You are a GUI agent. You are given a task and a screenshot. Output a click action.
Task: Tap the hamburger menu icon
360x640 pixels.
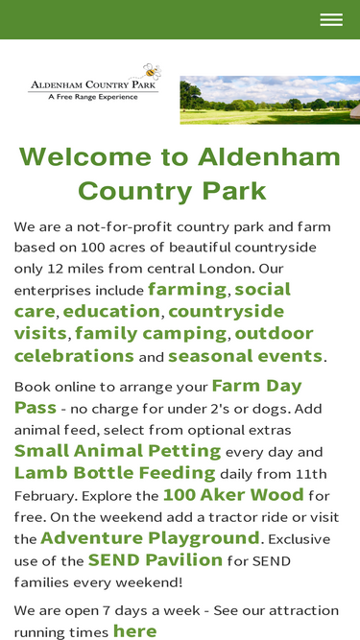(x=331, y=19)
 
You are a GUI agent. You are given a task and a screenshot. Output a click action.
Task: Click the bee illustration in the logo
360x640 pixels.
(x=153, y=72)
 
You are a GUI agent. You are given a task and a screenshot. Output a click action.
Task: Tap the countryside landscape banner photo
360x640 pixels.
(x=270, y=100)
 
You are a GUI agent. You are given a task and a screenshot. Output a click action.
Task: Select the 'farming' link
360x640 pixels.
(x=187, y=289)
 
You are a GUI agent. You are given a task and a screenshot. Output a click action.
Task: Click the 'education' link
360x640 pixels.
(x=111, y=311)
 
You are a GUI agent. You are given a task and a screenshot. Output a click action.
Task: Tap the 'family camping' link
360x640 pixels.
(x=151, y=334)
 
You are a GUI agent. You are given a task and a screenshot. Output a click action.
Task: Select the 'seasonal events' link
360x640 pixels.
(x=246, y=356)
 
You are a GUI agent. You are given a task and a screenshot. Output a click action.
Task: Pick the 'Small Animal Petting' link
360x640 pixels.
(x=117, y=451)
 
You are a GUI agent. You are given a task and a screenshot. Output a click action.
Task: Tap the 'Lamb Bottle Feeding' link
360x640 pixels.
(x=114, y=473)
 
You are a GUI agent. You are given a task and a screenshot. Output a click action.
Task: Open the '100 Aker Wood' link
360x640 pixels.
(x=233, y=495)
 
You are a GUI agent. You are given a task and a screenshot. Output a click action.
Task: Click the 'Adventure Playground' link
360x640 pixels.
(x=150, y=538)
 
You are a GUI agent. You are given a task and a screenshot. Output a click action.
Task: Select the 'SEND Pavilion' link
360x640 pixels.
(x=156, y=560)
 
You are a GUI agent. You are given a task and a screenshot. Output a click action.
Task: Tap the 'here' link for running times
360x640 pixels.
(x=134, y=631)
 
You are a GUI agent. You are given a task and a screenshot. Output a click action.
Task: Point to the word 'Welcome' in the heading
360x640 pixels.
(x=85, y=156)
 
